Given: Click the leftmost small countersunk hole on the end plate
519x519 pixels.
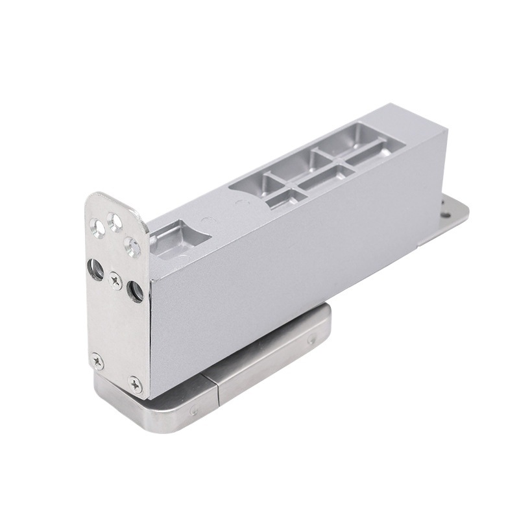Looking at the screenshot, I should [97, 227].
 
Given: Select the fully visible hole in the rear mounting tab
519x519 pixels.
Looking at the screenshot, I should [446, 213].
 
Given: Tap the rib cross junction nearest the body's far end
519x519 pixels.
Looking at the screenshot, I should [343, 163].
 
